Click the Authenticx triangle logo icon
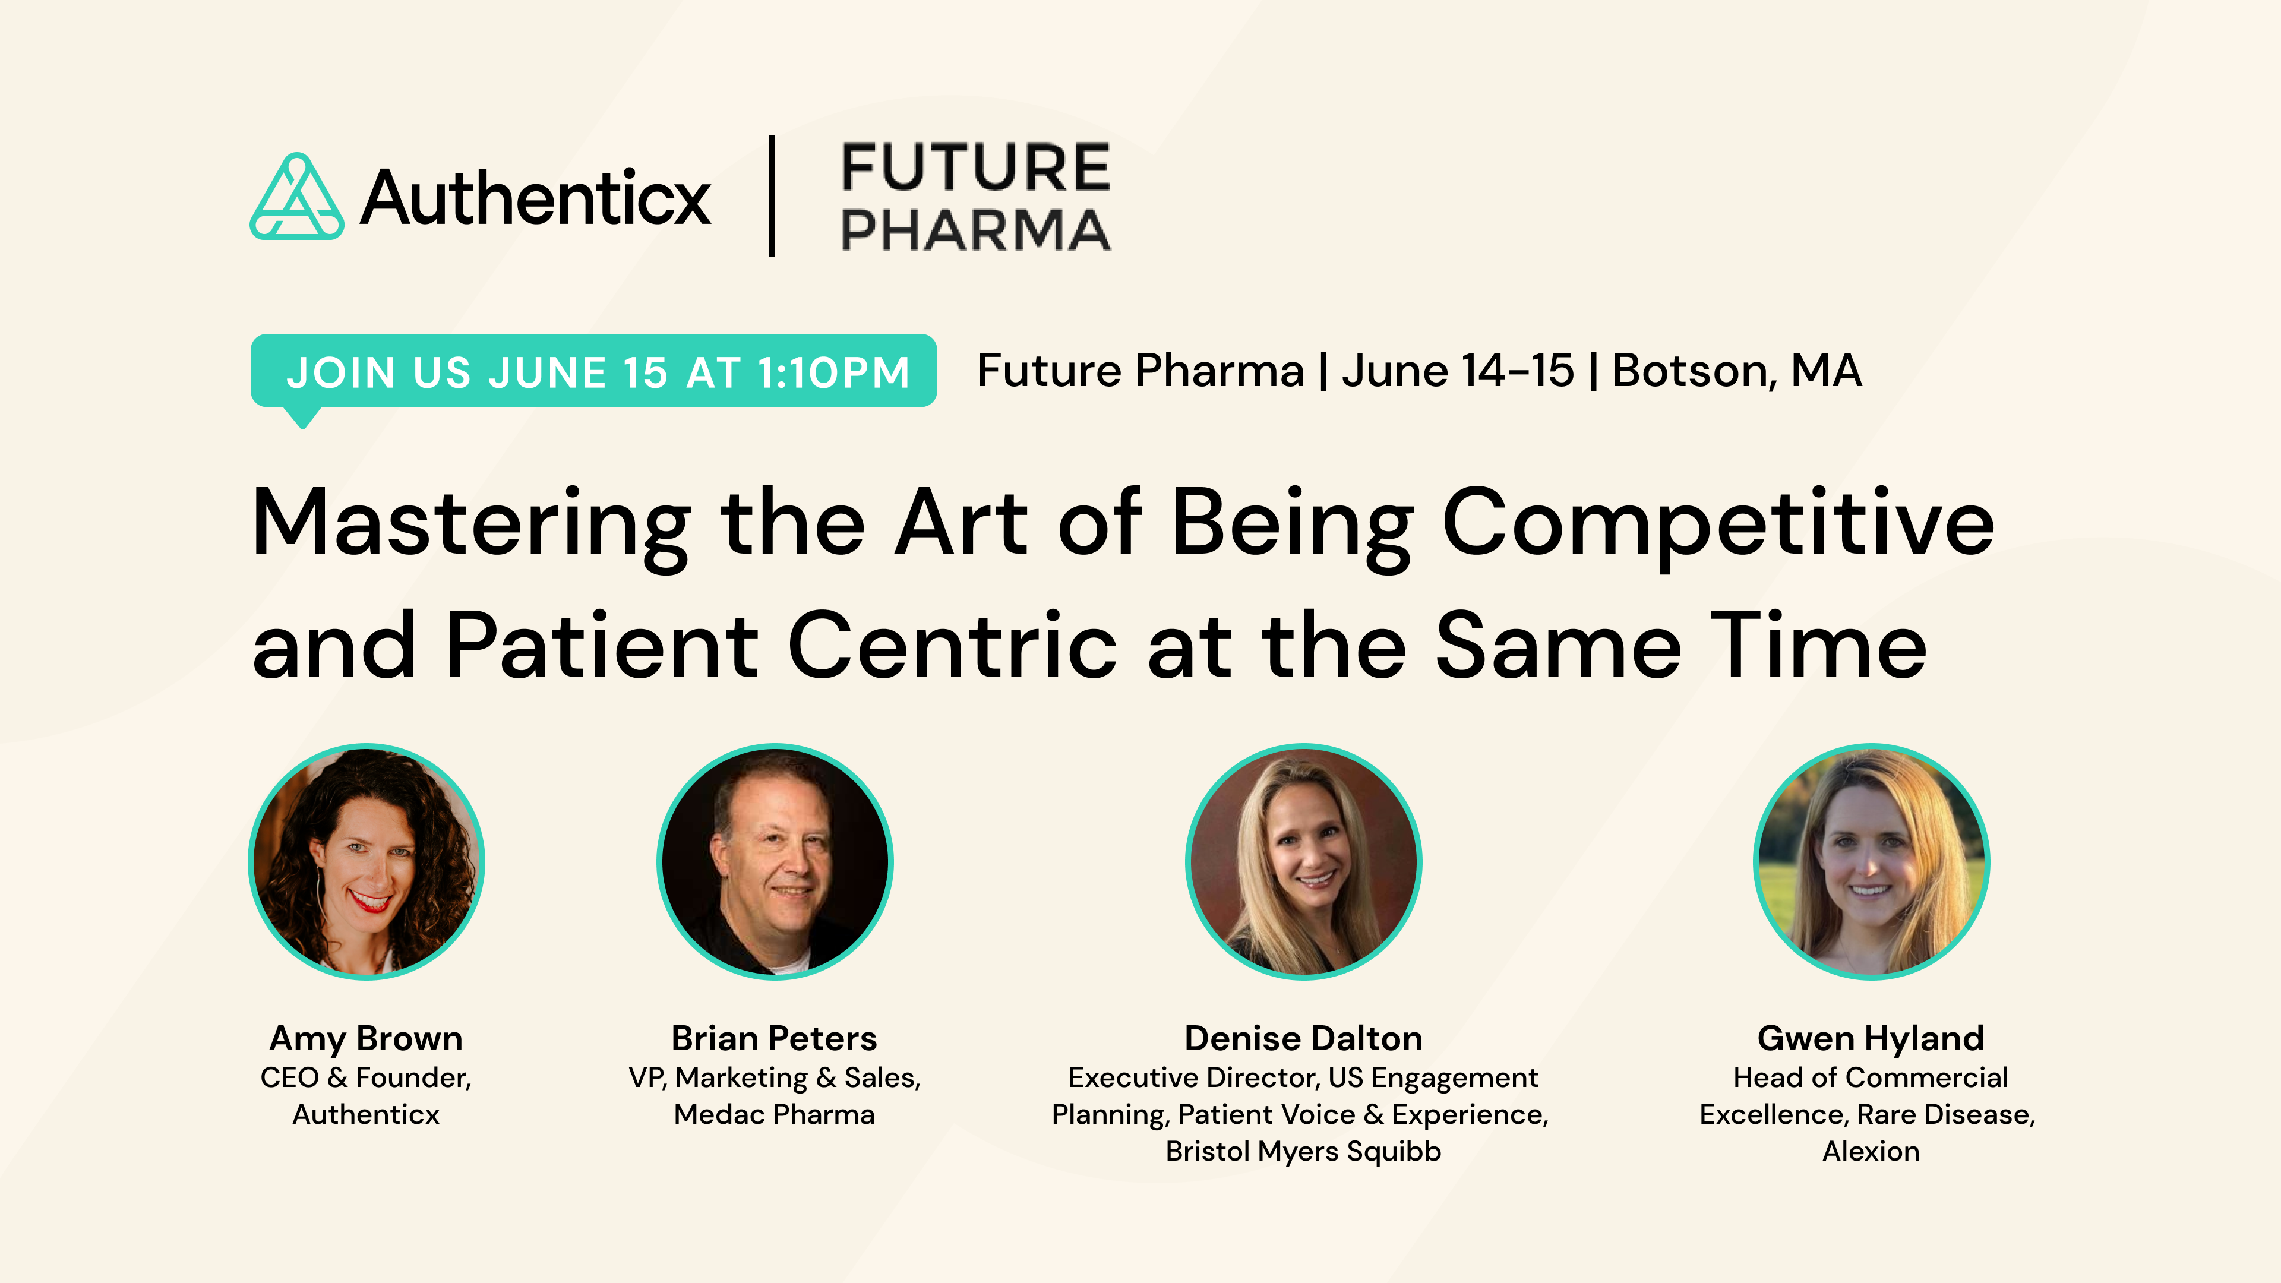click(296, 197)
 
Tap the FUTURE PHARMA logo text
click(975, 197)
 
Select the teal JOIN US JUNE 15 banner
click(593, 371)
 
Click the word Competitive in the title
click(1718, 524)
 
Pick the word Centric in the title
click(952, 646)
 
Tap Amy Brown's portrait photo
click(367, 861)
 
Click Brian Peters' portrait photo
click(775, 861)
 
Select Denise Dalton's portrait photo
click(1303, 861)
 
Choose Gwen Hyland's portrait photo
click(1871, 861)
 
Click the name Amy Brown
click(366, 1038)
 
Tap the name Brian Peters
click(774, 1038)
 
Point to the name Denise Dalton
click(1303, 1038)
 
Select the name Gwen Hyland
click(1871, 1038)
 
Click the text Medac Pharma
click(774, 1114)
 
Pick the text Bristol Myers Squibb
click(1303, 1151)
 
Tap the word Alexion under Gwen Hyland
click(1871, 1151)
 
